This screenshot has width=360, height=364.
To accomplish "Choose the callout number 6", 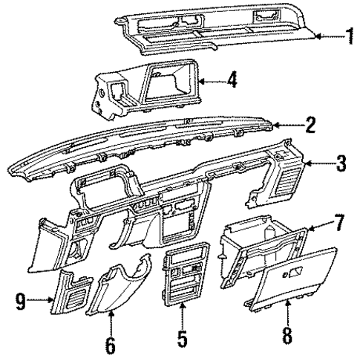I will (111, 346).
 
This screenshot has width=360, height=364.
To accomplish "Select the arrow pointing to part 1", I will (325, 35).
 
